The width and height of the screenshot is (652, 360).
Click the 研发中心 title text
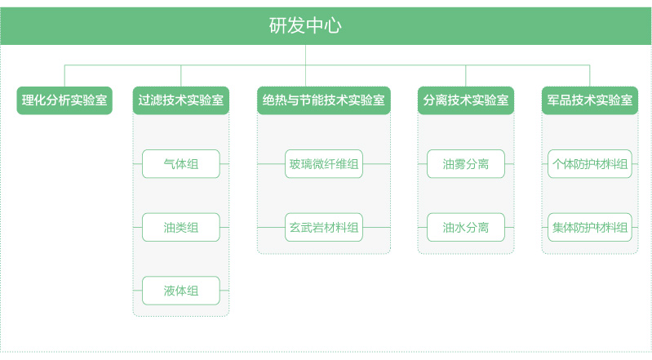coord(305,25)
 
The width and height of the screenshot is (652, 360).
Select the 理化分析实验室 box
coord(64,100)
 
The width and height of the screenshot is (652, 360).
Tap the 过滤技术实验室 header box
coord(181,100)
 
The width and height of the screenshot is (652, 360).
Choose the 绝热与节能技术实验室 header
coord(323,100)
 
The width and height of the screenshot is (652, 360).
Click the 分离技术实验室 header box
coord(466,100)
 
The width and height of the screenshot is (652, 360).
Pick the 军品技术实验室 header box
coord(590,100)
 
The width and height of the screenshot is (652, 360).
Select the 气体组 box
coord(181,164)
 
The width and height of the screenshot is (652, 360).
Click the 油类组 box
coord(181,227)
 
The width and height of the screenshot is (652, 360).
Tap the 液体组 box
coord(181,291)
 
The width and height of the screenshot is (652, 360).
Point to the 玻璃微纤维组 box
coord(323,164)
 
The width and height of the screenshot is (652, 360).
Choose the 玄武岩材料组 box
coord(323,227)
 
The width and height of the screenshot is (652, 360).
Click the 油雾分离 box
coord(466,164)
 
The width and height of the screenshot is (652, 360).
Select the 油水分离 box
coord(466,227)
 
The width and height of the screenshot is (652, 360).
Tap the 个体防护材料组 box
coord(590,164)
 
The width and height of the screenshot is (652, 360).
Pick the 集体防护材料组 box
coord(590,227)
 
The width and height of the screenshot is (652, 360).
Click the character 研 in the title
coord(277,25)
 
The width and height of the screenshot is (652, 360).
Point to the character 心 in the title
coord(333,26)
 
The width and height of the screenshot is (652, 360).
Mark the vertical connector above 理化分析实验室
coord(64,76)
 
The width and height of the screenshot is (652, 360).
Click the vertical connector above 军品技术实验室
coord(590,76)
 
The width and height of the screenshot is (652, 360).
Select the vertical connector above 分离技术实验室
coord(466,76)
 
